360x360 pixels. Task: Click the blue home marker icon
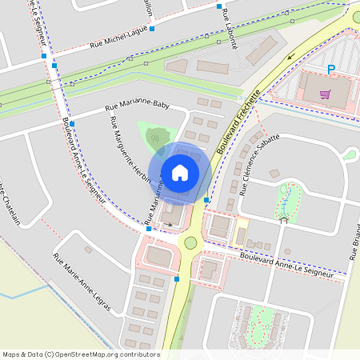(x=180, y=172)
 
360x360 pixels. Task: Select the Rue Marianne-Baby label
(x=138, y=106)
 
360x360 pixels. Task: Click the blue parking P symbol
(x=330, y=70)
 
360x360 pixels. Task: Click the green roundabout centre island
(x=190, y=242)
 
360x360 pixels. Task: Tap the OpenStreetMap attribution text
(x=81, y=354)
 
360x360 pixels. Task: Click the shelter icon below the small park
(x=283, y=218)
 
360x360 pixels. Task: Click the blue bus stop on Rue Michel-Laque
(x=152, y=28)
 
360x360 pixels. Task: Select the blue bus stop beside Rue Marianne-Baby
(x=72, y=124)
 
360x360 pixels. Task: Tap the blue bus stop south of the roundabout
(x=177, y=279)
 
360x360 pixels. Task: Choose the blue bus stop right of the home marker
(x=206, y=199)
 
